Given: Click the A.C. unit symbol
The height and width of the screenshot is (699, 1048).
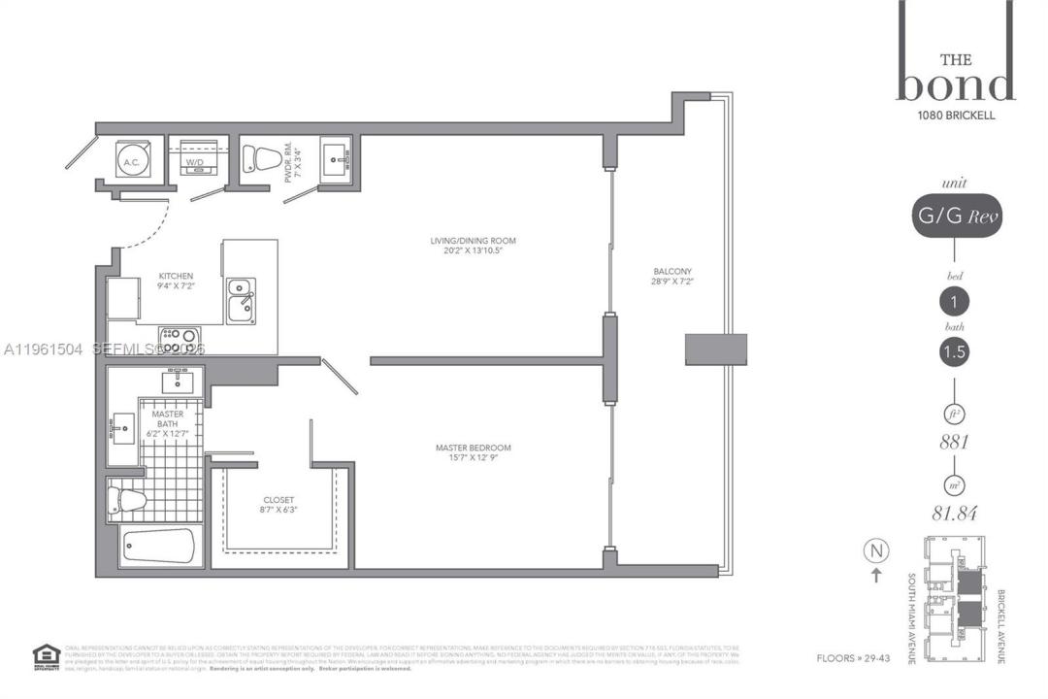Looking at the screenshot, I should tap(133, 159).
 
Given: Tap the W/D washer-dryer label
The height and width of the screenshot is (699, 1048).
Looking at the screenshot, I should tap(195, 162).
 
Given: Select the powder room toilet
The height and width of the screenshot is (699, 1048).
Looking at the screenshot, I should tap(259, 158).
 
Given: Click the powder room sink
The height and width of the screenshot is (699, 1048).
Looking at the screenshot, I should tap(336, 156).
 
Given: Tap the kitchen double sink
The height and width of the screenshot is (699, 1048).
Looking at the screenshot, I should tap(241, 301).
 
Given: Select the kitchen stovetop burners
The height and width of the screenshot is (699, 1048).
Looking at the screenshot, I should tap(180, 339).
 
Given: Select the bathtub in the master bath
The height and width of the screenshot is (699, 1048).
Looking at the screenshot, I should tap(160, 546).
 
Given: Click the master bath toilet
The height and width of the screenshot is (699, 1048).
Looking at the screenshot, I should tap(127, 501).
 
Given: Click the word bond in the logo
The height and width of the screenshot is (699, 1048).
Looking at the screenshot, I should tap(955, 84).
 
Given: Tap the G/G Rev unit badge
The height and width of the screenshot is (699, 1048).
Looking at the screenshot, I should tap(955, 217).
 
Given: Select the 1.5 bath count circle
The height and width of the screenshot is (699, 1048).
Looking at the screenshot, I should tap(955, 352).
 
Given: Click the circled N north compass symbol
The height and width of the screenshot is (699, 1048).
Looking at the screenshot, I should tap(876, 551).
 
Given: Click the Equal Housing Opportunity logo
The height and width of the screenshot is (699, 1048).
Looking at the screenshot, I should tap(45, 656).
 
